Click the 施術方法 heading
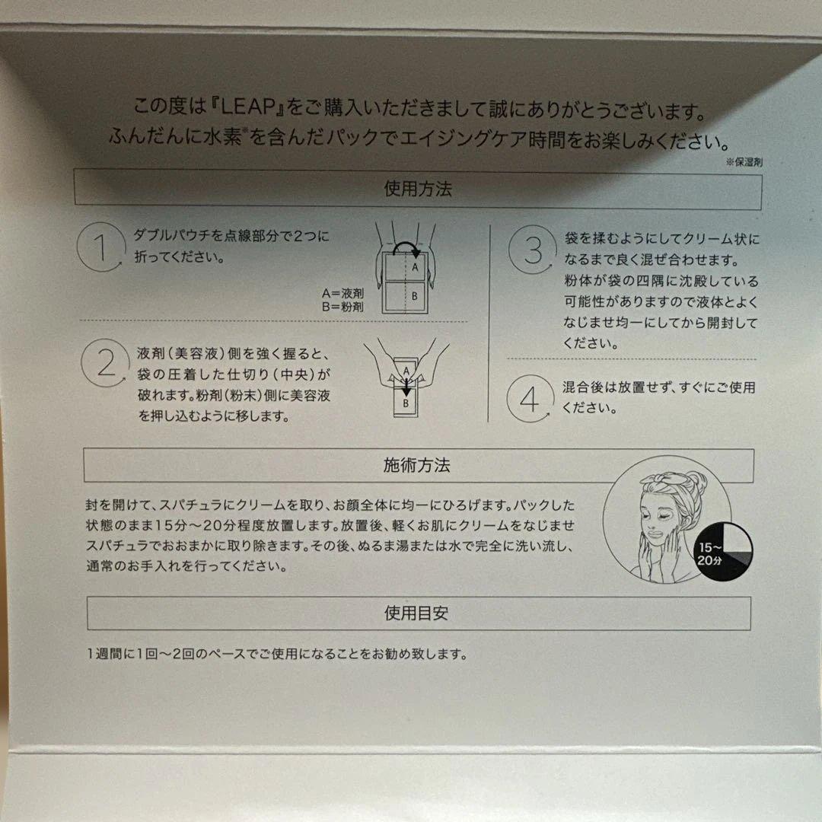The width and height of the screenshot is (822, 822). (x=418, y=465)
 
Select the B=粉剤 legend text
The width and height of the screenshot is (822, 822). (x=342, y=307)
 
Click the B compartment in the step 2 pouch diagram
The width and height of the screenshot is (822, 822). (x=406, y=403)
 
